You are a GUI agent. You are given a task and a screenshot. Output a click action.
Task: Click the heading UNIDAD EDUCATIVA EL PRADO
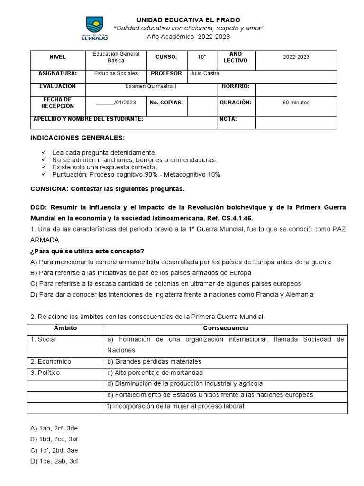tap(188, 20)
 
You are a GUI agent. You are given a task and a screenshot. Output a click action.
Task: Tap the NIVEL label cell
tap(57, 57)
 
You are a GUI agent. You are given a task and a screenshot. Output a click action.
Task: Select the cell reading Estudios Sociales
tap(116, 74)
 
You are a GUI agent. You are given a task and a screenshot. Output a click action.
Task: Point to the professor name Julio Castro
tap(204, 74)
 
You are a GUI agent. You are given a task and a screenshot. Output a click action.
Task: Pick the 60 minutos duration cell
tap(296, 103)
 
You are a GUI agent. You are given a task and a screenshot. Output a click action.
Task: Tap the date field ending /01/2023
tap(116, 103)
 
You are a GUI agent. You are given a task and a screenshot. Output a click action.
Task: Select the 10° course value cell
tap(202, 57)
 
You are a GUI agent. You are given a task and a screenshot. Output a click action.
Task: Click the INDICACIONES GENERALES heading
tap(78, 138)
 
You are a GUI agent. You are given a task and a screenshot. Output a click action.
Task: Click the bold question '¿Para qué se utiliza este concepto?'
tap(94, 251)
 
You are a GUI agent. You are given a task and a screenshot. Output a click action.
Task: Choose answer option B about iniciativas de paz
tap(141, 273)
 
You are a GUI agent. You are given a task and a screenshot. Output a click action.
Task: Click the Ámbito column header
tap(65, 328)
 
